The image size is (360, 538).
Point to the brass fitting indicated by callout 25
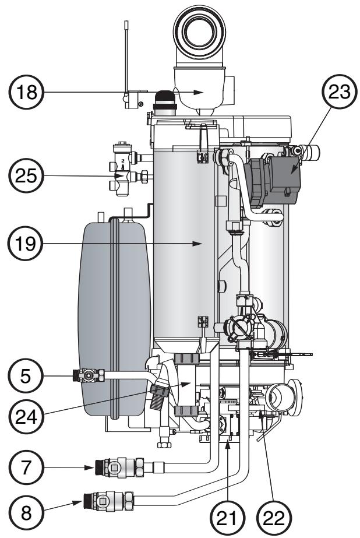pos(123,175)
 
